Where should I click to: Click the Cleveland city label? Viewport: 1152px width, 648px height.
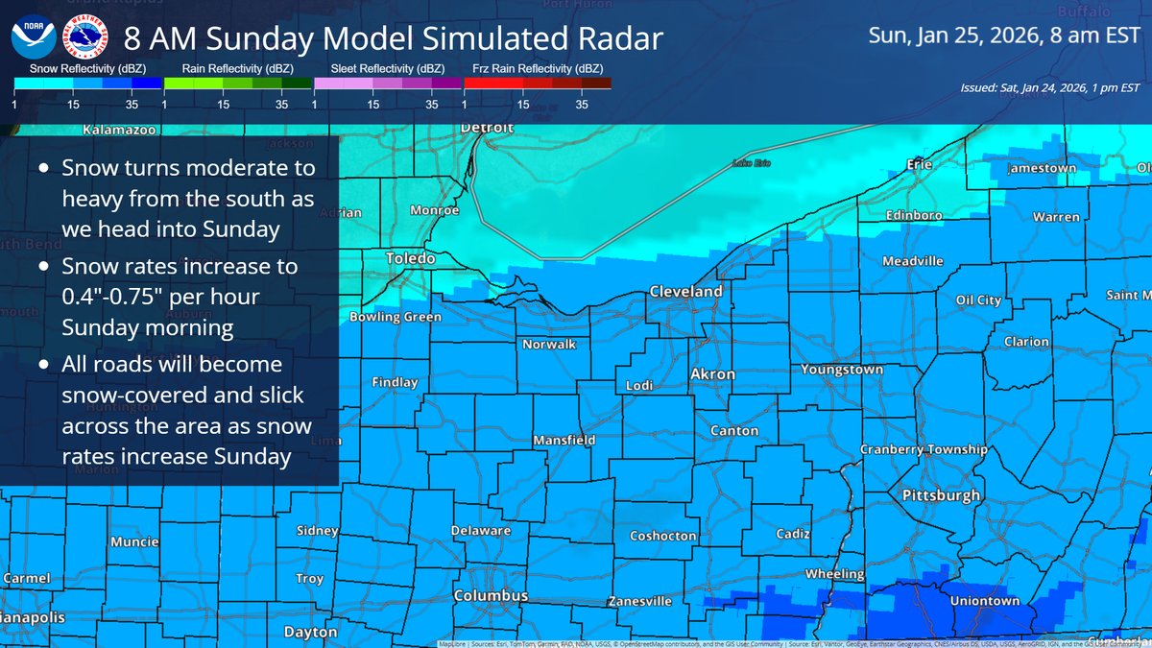[x=685, y=291]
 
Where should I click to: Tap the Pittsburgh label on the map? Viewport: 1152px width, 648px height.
[x=941, y=495]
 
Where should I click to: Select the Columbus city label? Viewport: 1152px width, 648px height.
[x=491, y=596]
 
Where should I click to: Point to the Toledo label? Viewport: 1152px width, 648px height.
[x=411, y=258]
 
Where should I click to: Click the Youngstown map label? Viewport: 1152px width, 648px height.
[x=814, y=369]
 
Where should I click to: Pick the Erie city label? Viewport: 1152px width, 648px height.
[x=920, y=165]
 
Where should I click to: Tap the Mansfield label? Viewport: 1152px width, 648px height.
[x=564, y=440]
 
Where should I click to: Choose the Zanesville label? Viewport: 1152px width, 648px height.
[x=639, y=602]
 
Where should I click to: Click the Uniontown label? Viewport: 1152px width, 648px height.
[x=984, y=601]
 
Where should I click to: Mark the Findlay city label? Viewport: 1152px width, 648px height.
[x=395, y=382]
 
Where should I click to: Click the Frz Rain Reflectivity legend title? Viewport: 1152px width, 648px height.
[x=538, y=69]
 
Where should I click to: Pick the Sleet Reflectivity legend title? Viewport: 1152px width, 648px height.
[x=387, y=69]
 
